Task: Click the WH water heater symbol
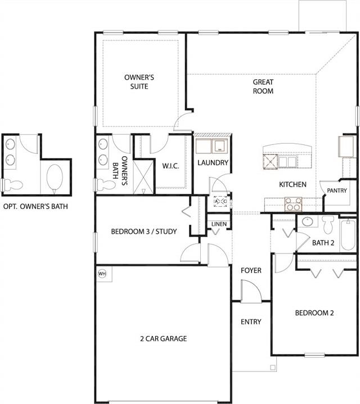102,274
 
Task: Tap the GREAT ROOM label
263,87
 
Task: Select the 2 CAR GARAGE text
164,339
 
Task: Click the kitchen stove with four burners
293,205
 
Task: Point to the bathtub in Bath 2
348,234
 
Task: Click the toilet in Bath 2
328,224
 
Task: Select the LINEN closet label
219,224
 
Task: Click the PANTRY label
337,190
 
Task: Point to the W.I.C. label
170,166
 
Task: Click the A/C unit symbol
220,201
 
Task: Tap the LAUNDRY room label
213,163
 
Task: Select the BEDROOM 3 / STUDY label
144,231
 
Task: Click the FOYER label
251,270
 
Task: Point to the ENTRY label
251,322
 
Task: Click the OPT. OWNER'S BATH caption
35,206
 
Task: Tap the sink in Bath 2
307,222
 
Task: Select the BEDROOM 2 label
314,313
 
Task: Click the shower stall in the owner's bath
143,177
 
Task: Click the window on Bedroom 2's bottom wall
314,355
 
